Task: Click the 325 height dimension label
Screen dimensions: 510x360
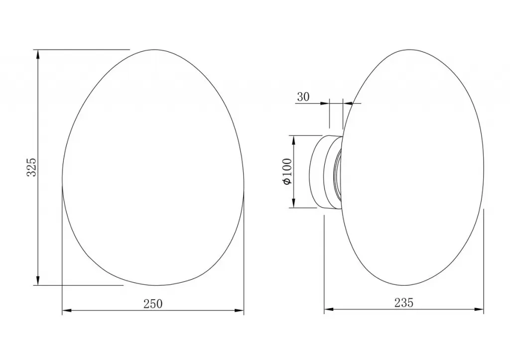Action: coord(31,167)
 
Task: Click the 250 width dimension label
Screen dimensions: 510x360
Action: coord(153,304)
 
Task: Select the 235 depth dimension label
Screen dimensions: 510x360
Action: coord(404,303)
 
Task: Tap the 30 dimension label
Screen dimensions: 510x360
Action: coord(303,97)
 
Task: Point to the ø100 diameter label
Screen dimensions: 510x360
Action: coord(288,172)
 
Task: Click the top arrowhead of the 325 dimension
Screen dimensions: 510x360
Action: coord(38,54)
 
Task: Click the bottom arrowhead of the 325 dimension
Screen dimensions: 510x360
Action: coord(38,281)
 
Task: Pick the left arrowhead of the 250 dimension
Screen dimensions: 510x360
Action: coord(67,311)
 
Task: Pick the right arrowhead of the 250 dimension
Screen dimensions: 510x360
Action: coord(239,311)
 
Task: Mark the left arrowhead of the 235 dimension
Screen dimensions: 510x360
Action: coord(329,310)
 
